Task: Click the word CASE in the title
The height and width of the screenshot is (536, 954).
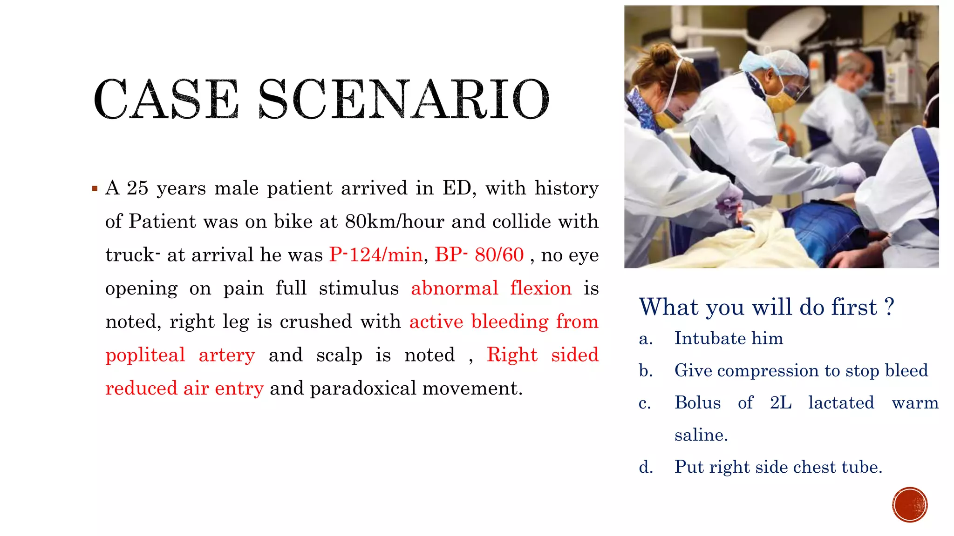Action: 166,99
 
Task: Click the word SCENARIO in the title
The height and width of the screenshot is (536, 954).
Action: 403,99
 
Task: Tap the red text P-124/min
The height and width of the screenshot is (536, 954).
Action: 375,255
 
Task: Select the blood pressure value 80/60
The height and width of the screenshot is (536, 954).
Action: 499,255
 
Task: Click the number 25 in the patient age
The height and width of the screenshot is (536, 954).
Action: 137,188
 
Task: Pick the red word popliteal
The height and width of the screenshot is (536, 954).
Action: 145,355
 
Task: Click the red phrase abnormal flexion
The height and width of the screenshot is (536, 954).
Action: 491,288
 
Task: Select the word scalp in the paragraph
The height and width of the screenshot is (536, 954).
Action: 339,355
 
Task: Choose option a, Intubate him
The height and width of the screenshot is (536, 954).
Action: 729,339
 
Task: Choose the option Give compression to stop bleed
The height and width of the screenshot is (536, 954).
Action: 801,371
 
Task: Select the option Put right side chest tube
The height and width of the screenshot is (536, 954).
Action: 778,467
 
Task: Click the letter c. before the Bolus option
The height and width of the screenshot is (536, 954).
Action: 645,403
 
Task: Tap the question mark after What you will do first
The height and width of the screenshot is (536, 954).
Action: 889,307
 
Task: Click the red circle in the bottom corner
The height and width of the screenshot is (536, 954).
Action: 910,505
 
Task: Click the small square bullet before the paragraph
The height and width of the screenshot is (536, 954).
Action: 95,189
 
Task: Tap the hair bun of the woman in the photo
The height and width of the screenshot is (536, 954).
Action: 660,54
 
